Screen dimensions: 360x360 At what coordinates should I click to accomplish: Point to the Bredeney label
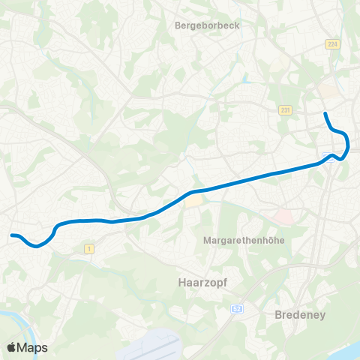click(300, 315)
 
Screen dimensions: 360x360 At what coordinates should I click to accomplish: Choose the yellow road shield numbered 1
click(88, 248)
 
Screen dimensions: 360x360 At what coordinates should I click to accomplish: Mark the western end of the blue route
click(11, 235)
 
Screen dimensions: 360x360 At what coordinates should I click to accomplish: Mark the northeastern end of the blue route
click(325, 113)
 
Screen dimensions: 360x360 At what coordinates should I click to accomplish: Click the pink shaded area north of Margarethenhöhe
click(283, 217)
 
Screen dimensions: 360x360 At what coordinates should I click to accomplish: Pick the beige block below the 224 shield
click(328, 91)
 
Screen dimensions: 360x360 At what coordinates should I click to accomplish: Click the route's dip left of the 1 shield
click(37, 244)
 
